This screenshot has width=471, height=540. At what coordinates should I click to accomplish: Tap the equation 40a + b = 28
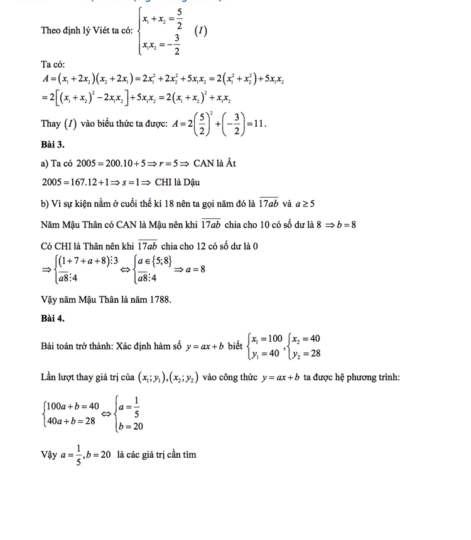70,421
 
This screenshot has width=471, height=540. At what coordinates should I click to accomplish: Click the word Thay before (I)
51,124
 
